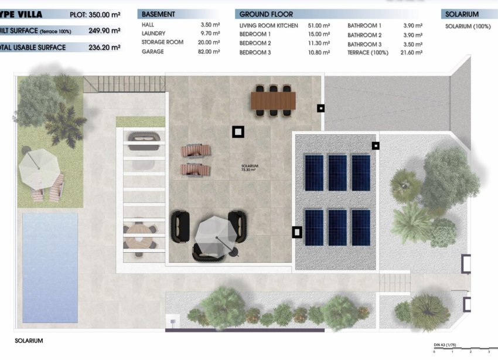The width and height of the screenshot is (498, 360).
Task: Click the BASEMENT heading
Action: [158, 14]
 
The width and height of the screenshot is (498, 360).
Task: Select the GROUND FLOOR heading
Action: [266, 14]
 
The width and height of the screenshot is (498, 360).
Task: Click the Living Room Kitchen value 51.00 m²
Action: [319, 26]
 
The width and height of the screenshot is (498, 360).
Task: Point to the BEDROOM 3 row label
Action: [255, 53]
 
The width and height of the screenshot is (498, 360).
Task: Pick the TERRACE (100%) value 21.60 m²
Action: [411, 53]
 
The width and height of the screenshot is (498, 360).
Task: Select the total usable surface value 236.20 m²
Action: [104, 47]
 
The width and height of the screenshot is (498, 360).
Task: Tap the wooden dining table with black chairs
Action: [273, 100]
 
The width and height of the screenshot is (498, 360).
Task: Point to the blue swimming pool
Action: [50, 267]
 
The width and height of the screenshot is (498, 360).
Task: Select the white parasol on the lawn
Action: [40, 167]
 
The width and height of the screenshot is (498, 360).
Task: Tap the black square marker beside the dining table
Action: [320, 108]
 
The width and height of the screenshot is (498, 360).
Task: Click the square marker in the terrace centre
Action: [238, 132]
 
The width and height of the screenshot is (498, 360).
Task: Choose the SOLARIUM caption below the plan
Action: [29, 340]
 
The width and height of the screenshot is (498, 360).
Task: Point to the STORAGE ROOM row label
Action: [162, 42]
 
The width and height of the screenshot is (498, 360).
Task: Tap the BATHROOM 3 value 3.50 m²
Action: [411, 44]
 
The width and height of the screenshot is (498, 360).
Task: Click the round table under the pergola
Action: [139, 236]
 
